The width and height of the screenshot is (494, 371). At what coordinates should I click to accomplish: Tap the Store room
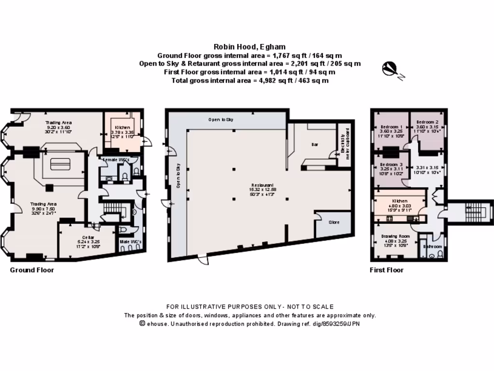pyautogui.click(x=334, y=222)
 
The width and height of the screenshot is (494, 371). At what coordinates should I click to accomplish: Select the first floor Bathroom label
pyautogui.click(x=432, y=246)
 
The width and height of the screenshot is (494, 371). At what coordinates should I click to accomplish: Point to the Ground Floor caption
pyautogui.click(x=32, y=270)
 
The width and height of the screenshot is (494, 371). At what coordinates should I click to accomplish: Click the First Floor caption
pyautogui.click(x=386, y=270)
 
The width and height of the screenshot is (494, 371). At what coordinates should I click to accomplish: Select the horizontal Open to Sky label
pyautogui.click(x=221, y=119)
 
